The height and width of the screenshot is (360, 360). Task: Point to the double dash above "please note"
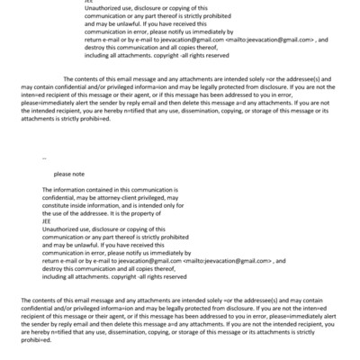coord(44,157)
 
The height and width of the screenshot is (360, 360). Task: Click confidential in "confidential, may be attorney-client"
coord(58,198)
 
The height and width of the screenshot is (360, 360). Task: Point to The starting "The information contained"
coord(47,191)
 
